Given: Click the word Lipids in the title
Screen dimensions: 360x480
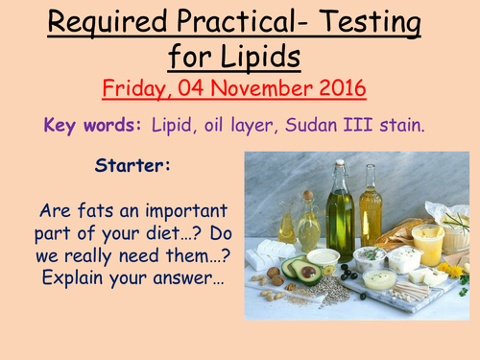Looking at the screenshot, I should click(264, 57).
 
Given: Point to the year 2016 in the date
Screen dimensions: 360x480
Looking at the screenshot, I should click(341, 89).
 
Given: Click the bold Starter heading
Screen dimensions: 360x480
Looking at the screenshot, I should click(133, 165).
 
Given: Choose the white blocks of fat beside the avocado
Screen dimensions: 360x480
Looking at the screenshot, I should click(264, 254).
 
